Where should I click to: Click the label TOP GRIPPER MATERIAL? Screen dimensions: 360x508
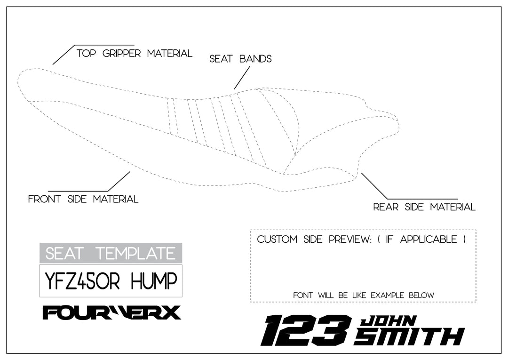point(134,54)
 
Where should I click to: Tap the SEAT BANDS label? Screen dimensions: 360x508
point(240,59)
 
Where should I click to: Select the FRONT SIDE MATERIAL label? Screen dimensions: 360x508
point(83,199)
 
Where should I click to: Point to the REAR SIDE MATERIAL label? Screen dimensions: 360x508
point(424,207)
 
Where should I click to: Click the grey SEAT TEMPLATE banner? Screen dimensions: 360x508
point(111,254)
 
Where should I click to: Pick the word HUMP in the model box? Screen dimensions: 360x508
point(154,281)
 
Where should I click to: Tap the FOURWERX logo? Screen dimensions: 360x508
point(111,312)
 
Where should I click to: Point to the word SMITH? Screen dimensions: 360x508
point(408,337)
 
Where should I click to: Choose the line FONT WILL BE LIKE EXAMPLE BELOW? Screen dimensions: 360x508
point(363,296)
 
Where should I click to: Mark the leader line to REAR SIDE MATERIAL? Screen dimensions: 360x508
point(374,186)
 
